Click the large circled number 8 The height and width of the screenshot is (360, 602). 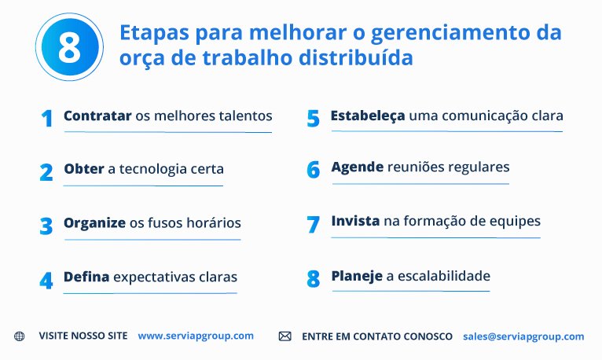coord(69,47)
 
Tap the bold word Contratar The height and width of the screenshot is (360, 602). coord(97,116)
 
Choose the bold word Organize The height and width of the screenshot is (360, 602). coord(94,222)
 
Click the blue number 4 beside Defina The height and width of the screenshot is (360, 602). coord(46,281)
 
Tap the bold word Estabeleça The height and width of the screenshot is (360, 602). coord(368,116)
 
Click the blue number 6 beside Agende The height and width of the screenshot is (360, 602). coord(314,170)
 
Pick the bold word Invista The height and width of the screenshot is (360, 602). coord(355,222)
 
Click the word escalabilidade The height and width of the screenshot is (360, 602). coord(444,276)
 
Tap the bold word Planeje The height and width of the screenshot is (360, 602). coord(357,276)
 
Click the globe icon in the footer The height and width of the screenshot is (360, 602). coord(20,336)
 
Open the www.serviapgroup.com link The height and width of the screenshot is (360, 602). coord(196,336)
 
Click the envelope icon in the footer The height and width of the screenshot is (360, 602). coord(284,336)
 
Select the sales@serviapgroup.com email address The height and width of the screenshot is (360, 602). coord(523,336)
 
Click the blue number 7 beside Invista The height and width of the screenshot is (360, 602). coord(314,225)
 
